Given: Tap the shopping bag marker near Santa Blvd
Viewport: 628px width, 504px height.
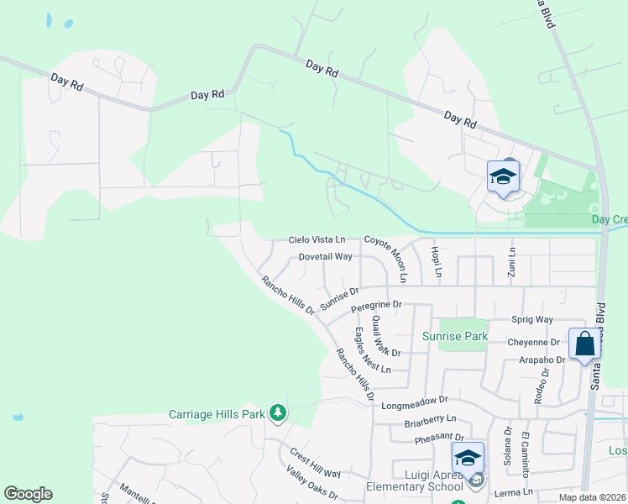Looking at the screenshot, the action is click(x=584, y=344).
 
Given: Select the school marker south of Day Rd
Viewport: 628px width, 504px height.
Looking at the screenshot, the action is click(x=503, y=176).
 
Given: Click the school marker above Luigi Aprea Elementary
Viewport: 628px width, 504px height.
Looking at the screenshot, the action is click(x=468, y=458).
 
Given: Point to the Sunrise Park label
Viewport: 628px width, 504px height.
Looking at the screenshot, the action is click(x=455, y=336).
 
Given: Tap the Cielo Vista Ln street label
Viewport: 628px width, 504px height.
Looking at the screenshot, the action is click(x=317, y=240).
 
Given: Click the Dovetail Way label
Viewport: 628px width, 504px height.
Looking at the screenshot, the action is click(x=325, y=256).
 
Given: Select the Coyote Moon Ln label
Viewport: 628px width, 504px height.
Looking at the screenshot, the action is click(x=391, y=259).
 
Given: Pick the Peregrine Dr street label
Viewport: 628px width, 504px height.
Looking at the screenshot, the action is click(x=377, y=304).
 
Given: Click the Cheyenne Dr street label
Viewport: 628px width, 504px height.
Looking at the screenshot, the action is click(x=533, y=343).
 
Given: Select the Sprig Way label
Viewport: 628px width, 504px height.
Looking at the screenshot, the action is click(x=532, y=320).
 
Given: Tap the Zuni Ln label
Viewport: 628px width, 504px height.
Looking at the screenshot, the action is click(x=510, y=261).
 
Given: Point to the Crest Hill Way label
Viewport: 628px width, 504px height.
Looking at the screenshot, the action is click(x=315, y=462).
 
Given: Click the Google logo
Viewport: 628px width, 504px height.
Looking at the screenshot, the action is click(x=29, y=494).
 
